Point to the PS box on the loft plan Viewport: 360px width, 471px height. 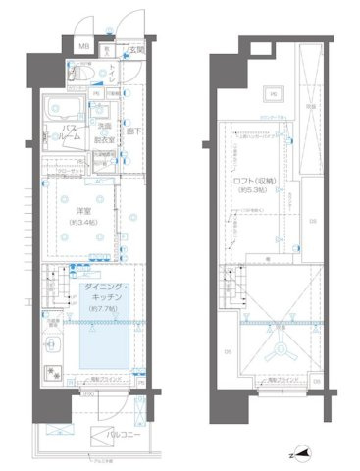click(274, 94)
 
